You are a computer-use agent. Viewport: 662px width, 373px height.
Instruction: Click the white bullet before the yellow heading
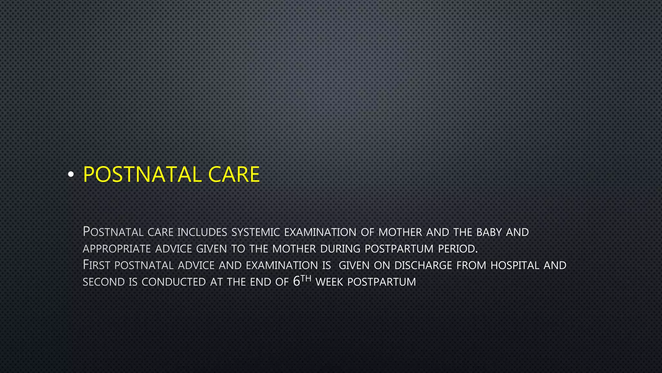(71, 175)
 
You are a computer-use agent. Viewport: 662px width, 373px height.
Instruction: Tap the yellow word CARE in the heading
(234, 175)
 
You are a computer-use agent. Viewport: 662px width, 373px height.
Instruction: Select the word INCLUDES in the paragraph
(202, 232)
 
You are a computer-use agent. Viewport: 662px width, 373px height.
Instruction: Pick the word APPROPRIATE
(117, 249)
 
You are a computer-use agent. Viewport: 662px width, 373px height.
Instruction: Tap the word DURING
(340, 249)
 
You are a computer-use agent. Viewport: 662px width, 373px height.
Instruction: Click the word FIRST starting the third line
(96, 265)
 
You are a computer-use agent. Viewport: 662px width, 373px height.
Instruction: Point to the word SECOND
(104, 282)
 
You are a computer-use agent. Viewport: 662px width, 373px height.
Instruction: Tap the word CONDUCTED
(174, 282)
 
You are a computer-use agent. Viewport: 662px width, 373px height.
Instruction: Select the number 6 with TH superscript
(297, 281)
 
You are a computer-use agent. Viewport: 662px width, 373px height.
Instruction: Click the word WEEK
(329, 282)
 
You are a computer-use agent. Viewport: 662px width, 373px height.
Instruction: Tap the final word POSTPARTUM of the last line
(381, 282)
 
